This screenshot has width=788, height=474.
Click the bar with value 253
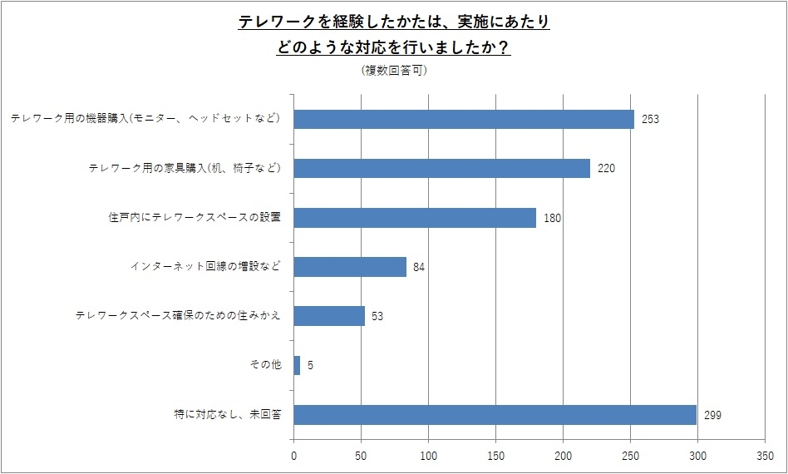464,119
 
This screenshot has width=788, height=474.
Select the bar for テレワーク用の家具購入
441,168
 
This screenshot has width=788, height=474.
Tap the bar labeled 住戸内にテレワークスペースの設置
415,218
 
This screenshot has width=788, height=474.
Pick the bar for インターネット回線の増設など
350,267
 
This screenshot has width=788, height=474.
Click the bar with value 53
329,316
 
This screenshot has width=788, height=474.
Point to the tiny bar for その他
297,365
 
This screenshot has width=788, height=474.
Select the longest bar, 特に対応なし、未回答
495,414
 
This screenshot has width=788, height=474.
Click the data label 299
712,415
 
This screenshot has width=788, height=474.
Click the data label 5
310,366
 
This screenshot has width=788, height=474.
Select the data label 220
605,169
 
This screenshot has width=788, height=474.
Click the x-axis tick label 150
495,455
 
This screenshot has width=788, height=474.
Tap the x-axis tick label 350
765,455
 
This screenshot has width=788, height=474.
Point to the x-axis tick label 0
293,455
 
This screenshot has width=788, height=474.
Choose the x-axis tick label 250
630,455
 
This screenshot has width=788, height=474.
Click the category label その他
265,365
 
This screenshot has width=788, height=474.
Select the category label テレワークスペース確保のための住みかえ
178,316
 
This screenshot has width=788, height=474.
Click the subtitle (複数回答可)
394,71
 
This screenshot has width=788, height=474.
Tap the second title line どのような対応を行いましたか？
394,48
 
